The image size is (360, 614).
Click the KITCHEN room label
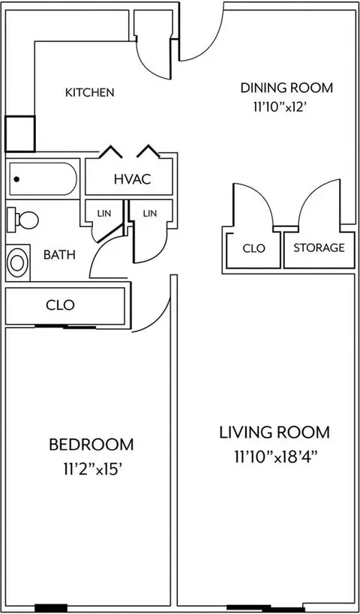[90, 92]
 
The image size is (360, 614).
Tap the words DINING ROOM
[286, 88]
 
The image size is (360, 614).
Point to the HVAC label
[132, 179]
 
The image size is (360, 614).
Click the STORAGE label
[319, 247]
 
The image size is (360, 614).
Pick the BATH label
[59, 255]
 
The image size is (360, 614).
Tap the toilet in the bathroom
[22, 219]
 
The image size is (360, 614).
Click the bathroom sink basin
[17, 262]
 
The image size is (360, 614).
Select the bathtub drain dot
[16, 179]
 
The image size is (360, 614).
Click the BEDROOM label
[91, 445]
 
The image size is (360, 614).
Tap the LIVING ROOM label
[274, 433]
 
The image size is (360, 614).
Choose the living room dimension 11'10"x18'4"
[275, 457]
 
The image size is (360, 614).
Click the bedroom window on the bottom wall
[51, 608]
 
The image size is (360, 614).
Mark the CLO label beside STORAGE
[253, 248]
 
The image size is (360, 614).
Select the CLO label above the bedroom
[60, 305]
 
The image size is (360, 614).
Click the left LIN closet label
[104, 214]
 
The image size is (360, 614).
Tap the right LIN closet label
[150, 214]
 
